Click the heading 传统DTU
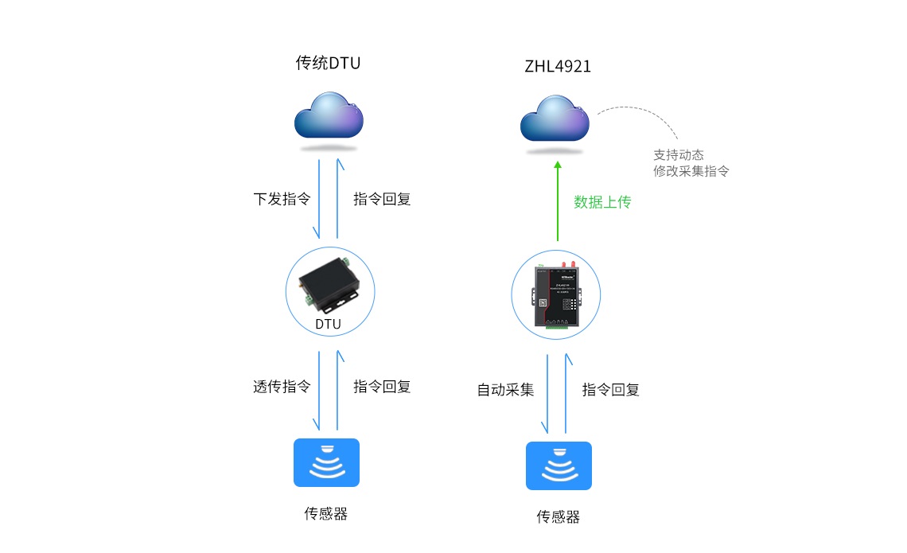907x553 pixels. coord(328,63)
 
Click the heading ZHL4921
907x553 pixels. coord(558,67)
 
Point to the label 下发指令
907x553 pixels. coord(282,199)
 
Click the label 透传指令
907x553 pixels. coord(282,387)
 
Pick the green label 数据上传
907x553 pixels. coord(602,202)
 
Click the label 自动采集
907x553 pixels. coord(505,390)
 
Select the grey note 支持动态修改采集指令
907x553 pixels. coord(691,163)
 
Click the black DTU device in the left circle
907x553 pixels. coord(329,286)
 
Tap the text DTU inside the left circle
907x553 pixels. coord(328,324)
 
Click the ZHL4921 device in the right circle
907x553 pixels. coord(558,295)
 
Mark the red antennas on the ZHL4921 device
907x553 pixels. coord(566,265)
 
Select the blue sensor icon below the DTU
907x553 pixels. coord(326,462)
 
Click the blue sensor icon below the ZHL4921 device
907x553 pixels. coord(559,465)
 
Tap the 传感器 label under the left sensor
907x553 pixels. coord(326,513)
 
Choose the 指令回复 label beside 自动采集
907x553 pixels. coord(611,390)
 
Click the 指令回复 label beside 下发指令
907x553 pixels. coord(382,199)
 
